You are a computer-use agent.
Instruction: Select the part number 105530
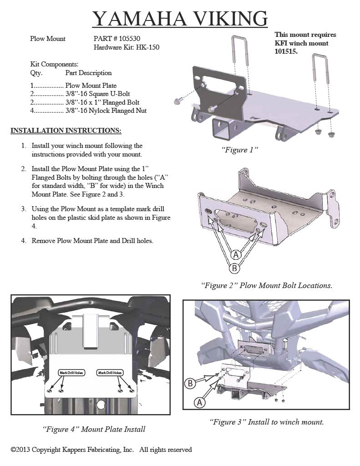point(135,39)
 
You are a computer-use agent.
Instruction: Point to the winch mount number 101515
point(285,52)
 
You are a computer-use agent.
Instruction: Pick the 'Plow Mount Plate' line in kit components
point(91,86)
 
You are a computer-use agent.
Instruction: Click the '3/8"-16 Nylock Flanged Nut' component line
point(106,111)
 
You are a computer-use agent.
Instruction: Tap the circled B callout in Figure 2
point(234,268)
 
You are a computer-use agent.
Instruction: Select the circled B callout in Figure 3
point(191,383)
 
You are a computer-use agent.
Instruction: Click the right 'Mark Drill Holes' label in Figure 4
point(110,373)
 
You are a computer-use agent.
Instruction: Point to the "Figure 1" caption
point(240,150)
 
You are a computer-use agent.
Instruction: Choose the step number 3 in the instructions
point(23,209)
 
